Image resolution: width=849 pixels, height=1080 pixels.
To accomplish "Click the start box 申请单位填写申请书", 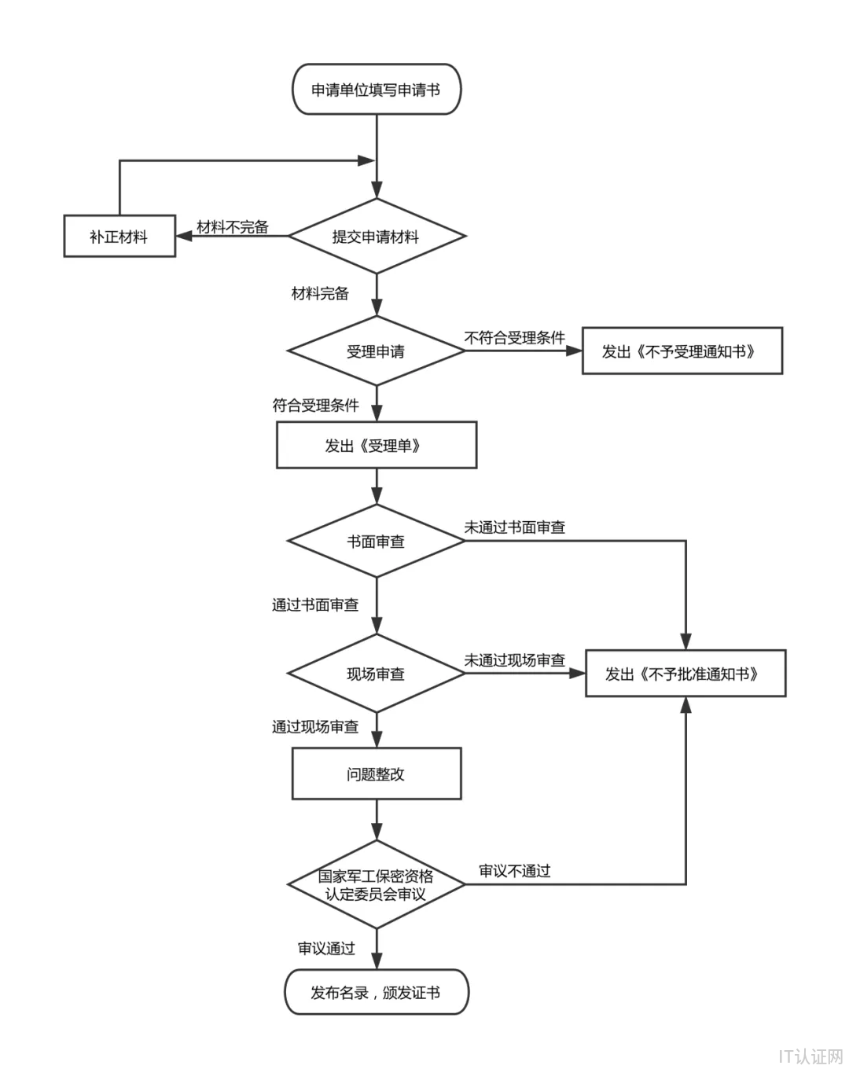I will click(376, 90).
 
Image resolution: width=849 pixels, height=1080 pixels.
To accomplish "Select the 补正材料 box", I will click(119, 237).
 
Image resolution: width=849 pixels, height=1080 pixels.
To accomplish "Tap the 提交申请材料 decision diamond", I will click(376, 237).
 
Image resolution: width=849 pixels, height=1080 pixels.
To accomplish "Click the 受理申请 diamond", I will click(376, 351).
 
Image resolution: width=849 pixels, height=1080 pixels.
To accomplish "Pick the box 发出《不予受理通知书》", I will click(682, 351).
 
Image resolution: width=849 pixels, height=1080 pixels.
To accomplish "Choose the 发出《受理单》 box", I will click(376, 446).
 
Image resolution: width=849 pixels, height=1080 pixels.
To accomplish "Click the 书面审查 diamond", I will click(376, 542).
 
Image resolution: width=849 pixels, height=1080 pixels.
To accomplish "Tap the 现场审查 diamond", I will click(376, 674).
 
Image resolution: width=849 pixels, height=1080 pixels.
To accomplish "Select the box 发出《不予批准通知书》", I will click(685, 674).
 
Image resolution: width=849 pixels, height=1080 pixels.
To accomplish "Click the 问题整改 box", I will click(376, 774).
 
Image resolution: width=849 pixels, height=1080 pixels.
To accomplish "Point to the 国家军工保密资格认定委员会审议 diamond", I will click(376, 885).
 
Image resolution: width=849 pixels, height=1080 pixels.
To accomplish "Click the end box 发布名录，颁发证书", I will click(376, 993).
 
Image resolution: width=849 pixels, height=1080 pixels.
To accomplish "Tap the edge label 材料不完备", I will click(233, 227).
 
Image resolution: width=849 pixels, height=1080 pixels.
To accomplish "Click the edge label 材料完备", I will click(320, 293).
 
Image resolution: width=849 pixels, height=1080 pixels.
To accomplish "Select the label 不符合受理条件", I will click(515, 338).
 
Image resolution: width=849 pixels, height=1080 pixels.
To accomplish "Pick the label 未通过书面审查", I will click(515, 527).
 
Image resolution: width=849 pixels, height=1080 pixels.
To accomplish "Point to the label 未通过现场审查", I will click(515, 660).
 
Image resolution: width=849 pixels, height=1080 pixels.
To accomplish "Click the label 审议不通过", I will click(515, 871).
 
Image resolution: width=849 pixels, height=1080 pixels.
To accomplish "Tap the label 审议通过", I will click(326, 949).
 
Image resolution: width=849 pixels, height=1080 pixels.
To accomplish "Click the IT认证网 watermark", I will click(810, 1056).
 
